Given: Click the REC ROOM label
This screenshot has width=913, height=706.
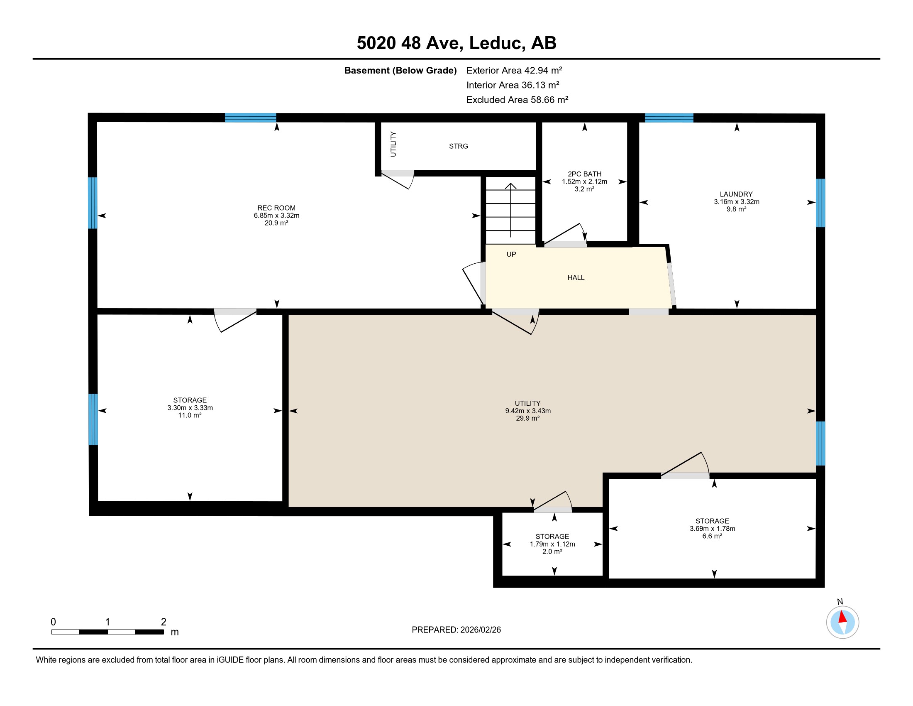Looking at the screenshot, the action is (276, 208).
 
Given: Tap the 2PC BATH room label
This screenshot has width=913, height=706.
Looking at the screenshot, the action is (584, 174).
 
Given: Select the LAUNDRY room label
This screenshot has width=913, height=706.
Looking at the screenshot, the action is (736, 194).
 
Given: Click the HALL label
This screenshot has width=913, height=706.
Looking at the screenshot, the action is (576, 278).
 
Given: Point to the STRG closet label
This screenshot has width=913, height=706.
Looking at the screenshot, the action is (459, 146).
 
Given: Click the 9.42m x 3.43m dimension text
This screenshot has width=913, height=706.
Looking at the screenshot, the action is (528, 411).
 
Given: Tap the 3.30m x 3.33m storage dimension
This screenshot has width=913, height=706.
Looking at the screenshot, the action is (190, 408).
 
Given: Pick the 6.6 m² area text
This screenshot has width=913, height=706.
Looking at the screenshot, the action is (712, 536).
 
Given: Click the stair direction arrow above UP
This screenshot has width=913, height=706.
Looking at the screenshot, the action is (510, 210).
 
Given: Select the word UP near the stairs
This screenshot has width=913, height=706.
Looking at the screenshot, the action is (511, 254).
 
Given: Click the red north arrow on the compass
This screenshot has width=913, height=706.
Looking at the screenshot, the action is (842, 617).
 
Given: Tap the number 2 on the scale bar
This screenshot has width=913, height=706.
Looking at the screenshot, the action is (164, 622).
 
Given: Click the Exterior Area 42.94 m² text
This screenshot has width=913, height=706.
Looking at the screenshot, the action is (514, 70).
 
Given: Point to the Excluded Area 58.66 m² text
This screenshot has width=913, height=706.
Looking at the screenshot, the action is (517, 100).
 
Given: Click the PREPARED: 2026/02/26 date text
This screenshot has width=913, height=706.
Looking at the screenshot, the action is (456, 630).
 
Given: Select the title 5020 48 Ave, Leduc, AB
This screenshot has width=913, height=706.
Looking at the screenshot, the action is (456, 43).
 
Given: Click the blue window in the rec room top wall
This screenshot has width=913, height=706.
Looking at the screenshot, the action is (250, 118).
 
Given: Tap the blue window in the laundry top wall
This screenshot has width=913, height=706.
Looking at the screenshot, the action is (669, 118).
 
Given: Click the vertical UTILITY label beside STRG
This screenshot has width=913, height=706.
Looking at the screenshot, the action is (393, 144).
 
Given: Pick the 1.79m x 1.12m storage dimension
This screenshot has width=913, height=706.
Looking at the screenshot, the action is (552, 544).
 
